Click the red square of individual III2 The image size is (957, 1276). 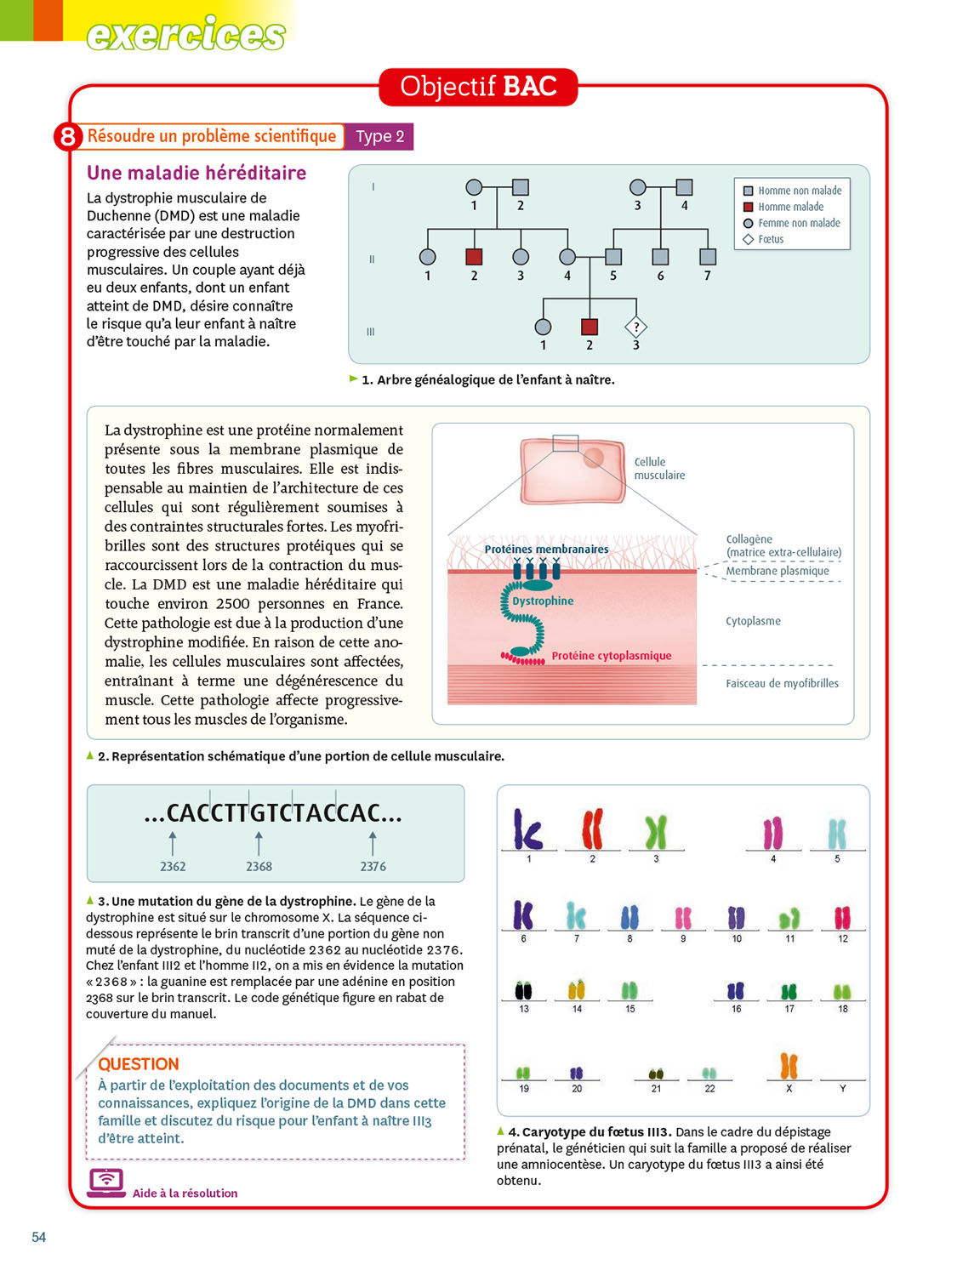pos(590,327)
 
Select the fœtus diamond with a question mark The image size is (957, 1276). pos(636,327)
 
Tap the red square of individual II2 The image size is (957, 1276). pos(475,256)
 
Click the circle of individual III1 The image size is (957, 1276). pos(543,327)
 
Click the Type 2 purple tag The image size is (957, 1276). pos(379,136)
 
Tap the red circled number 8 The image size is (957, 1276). pos(67,136)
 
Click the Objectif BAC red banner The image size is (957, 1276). pos(478,87)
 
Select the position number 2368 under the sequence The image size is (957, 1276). pos(259,866)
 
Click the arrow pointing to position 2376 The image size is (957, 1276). pos(373,843)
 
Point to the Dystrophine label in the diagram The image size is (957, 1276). pos(543,601)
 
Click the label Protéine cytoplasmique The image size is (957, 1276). pos(611,655)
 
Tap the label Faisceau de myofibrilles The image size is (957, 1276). pos(782,683)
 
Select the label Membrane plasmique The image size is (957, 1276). pos(777,571)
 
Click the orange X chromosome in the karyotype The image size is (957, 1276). pos(789,1066)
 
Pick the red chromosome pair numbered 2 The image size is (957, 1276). pos(592,829)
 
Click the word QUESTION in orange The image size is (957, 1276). pos(139,1063)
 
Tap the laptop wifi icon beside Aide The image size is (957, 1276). pos(106,1182)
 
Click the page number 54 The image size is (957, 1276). pos(39,1237)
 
